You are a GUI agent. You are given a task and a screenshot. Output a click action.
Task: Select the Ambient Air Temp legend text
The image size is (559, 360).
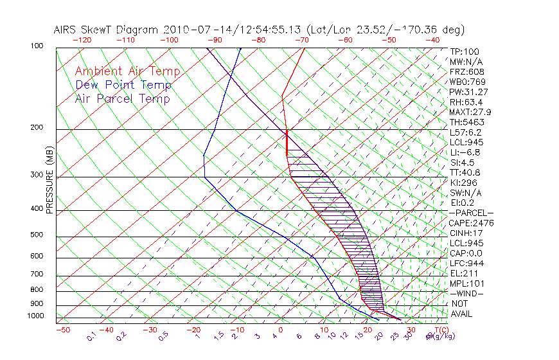(x=127, y=71)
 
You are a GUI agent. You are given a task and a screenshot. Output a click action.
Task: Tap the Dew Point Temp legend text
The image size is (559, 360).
(x=123, y=85)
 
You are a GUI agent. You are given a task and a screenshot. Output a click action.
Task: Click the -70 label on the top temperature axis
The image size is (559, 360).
(x=300, y=40)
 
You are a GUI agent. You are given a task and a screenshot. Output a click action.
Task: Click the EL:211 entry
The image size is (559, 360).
(x=463, y=273)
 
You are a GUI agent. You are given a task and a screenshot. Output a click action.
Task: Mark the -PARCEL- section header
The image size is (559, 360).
(x=471, y=213)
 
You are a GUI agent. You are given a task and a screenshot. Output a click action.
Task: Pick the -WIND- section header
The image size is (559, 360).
(x=467, y=293)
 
